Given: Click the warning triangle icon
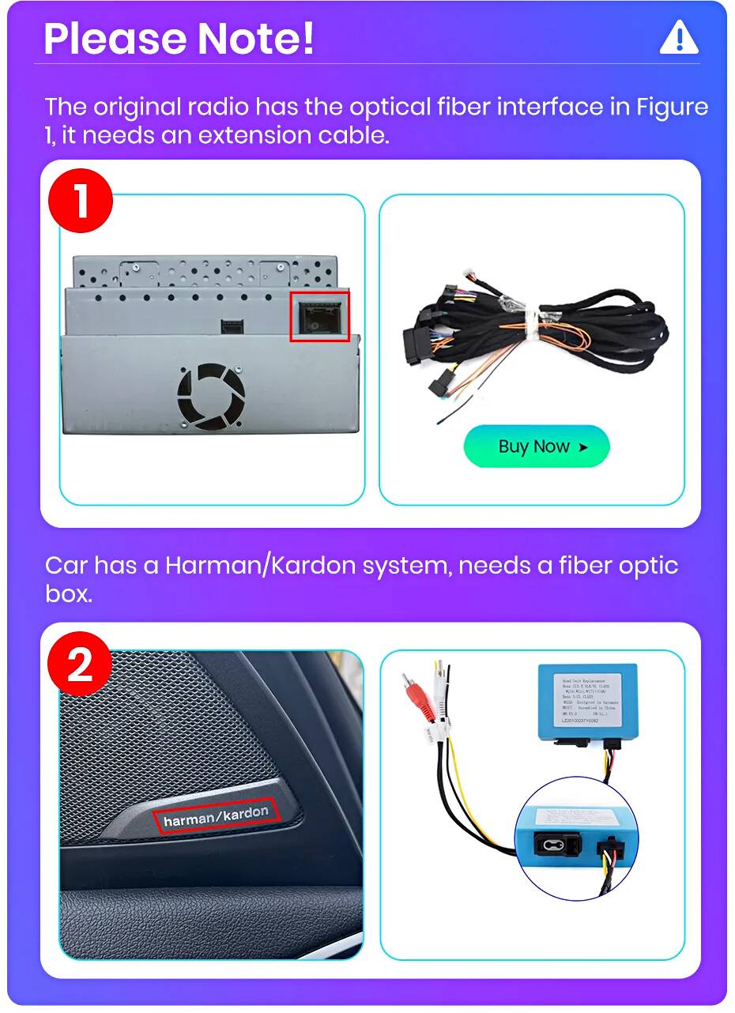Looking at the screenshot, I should (x=678, y=38).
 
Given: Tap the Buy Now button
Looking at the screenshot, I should (x=536, y=446).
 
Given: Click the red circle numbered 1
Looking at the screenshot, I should (x=81, y=202).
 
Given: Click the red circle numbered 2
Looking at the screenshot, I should (x=81, y=665).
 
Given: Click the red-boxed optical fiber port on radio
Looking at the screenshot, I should (x=319, y=316).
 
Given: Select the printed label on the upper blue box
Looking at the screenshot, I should (x=590, y=699).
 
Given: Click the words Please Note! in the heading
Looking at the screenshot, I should (x=179, y=38).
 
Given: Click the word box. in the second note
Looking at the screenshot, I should (x=69, y=594).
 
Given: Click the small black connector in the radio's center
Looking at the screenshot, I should (x=232, y=324).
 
